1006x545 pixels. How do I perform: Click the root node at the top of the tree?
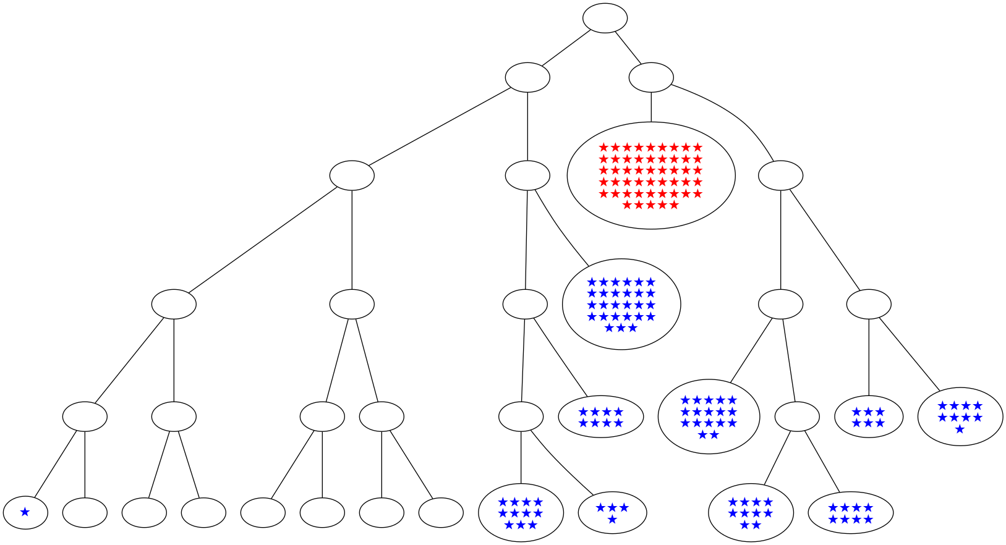click(x=605, y=18)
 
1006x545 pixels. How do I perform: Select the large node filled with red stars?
click(x=650, y=175)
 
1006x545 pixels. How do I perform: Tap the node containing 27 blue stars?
click(x=621, y=304)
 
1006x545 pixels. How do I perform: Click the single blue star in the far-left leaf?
click(x=25, y=512)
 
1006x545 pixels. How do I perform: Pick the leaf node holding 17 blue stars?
click(x=709, y=416)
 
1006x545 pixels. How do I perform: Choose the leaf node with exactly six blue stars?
click(x=868, y=417)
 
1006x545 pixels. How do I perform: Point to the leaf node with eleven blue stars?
click(x=521, y=512)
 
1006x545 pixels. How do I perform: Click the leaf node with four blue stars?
click(x=612, y=512)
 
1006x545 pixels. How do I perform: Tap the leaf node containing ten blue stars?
click(x=751, y=512)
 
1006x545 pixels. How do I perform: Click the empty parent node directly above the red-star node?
click(x=651, y=78)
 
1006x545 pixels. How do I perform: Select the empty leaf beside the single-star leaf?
click(x=85, y=512)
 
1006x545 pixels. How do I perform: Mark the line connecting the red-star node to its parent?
click(x=651, y=107)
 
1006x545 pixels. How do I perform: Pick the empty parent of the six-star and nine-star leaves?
click(x=868, y=304)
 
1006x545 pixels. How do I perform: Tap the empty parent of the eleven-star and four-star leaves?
click(x=521, y=416)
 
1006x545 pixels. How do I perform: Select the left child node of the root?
click(x=527, y=78)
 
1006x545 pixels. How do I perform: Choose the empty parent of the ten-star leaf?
click(x=796, y=416)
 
